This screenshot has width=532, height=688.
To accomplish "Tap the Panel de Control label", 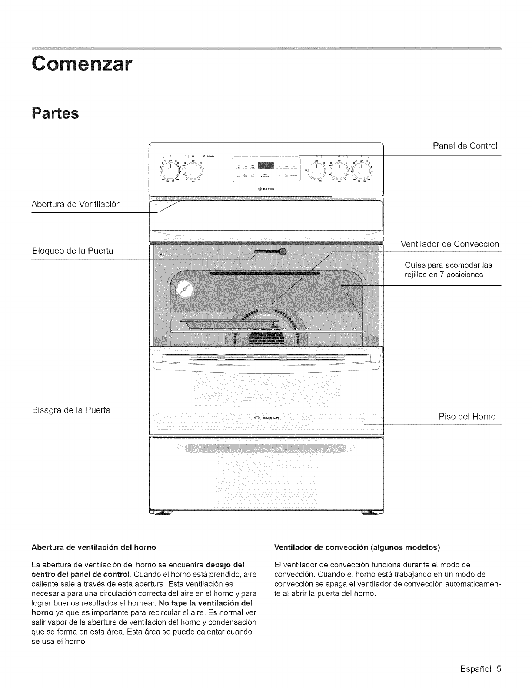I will pyautogui.click(x=465, y=146).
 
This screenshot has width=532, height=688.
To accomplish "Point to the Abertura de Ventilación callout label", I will pyautogui.click(x=76, y=204).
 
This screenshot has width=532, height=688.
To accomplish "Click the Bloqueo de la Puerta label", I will pyautogui.click(x=73, y=251).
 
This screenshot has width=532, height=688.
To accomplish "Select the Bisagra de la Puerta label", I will pyautogui.click(x=71, y=410).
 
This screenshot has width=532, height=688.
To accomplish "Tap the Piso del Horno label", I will pyautogui.click(x=467, y=417).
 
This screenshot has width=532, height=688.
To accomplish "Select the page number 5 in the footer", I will pyautogui.click(x=498, y=668).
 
